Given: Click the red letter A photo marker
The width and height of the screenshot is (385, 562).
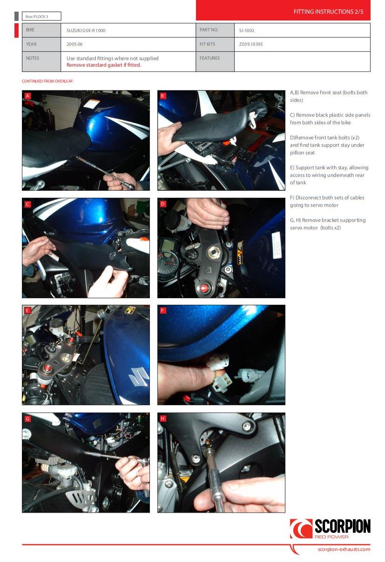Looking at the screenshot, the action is coord(27,96).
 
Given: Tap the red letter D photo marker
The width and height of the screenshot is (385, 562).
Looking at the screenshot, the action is coord(163,204).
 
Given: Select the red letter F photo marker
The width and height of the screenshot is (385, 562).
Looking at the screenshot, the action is coord(163,311).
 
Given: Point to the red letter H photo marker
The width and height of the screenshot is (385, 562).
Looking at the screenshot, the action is coord(163,418).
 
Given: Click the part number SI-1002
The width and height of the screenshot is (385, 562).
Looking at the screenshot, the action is coord(247,31).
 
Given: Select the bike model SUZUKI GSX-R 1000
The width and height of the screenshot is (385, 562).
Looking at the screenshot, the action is coord(86,31).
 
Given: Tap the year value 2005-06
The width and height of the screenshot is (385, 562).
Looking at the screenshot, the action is coord(74,44).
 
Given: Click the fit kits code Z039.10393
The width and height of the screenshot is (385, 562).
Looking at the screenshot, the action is coord(251,44).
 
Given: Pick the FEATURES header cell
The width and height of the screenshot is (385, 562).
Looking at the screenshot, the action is coord(209,58).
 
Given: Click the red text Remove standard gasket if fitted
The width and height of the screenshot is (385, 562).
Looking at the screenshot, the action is coord(104,65).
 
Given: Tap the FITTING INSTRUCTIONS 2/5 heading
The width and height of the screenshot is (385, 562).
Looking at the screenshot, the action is coord(328,12).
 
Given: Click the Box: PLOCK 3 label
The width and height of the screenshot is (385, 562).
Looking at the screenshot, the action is coord(37,17).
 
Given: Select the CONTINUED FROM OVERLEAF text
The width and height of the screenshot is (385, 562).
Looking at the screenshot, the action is coord(47,81).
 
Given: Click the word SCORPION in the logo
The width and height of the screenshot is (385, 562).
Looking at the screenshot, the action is coord(343,526).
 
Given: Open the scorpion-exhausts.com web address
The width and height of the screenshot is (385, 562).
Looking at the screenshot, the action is coord(344,549).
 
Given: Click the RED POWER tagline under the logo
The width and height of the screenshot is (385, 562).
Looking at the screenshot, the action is coord(331,537).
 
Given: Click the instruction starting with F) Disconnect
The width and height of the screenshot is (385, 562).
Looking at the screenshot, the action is coord(327,201).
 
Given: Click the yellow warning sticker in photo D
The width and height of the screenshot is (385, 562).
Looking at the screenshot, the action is coord(240,253).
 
